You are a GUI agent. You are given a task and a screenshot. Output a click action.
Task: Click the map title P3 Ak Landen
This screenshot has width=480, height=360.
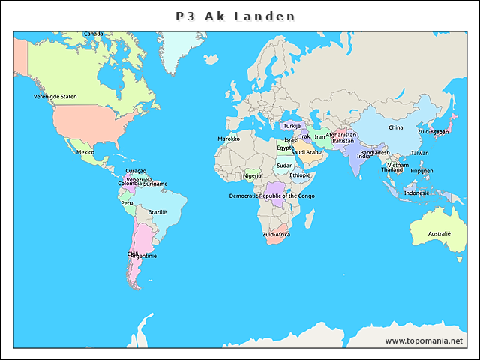pyautogui.click(x=235, y=16)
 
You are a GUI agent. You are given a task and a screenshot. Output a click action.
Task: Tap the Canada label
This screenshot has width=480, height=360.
pyautogui.click(x=94, y=34)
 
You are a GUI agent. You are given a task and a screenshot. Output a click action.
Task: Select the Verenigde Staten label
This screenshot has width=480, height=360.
pyautogui.click(x=55, y=97)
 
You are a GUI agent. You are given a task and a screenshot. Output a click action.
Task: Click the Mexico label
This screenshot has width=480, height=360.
pyautogui.click(x=85, y=152)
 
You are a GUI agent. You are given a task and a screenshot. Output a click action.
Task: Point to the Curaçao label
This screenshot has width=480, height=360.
pyautogui.click(x=136, y=171)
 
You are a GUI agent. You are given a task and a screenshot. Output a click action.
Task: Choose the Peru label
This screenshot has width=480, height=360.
pyautogui.click(x=127, y=203)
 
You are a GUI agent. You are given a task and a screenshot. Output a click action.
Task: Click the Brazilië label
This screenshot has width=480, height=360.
pyautogui.click(x=157, y=212)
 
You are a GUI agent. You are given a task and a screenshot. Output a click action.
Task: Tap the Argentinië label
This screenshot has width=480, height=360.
pyautogui.click(x=144, y=256)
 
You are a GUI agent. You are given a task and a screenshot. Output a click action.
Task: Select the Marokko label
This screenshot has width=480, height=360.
pyautogui.click(x=229, y=139)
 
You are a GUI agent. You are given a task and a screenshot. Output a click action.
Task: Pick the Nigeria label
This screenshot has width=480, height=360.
pyautogui.click(x=253, y=176)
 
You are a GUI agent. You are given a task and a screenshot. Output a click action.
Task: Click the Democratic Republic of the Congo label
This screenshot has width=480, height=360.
pyautogui.click(x=272, y=196)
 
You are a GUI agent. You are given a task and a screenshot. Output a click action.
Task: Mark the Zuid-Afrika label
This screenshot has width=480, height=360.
pyautogui.click(x=276, y=235)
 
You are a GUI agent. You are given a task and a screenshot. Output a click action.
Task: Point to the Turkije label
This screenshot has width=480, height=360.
pyautogui.click(x=292, y=126)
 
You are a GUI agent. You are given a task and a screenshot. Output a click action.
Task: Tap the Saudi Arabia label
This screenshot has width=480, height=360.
pyautogui.click(x=307, y=152)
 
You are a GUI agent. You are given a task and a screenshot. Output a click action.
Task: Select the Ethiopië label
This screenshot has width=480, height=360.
pyautogui.click(x=300, y=175)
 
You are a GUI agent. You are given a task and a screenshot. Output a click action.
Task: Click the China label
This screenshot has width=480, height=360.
pyautogui.click(x=395, y=127)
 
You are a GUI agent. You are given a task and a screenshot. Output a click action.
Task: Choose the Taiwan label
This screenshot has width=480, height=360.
pyautogui.click(x=419, y=153)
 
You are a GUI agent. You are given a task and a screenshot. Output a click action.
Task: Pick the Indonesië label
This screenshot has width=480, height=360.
pyautogui.click(x=416, y=193)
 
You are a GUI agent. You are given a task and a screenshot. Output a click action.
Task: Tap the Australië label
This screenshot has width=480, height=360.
pyautogui.click(x=439, y=233)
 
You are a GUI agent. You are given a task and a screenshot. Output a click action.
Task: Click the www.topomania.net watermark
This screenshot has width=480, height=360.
pyautogui.click(x=424, y=340)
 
